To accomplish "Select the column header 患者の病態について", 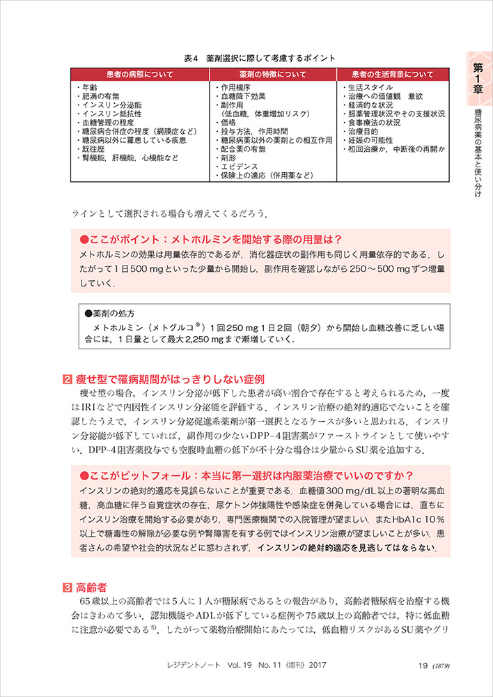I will pos(141,73).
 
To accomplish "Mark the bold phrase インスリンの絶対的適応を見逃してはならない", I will pos(347,548).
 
